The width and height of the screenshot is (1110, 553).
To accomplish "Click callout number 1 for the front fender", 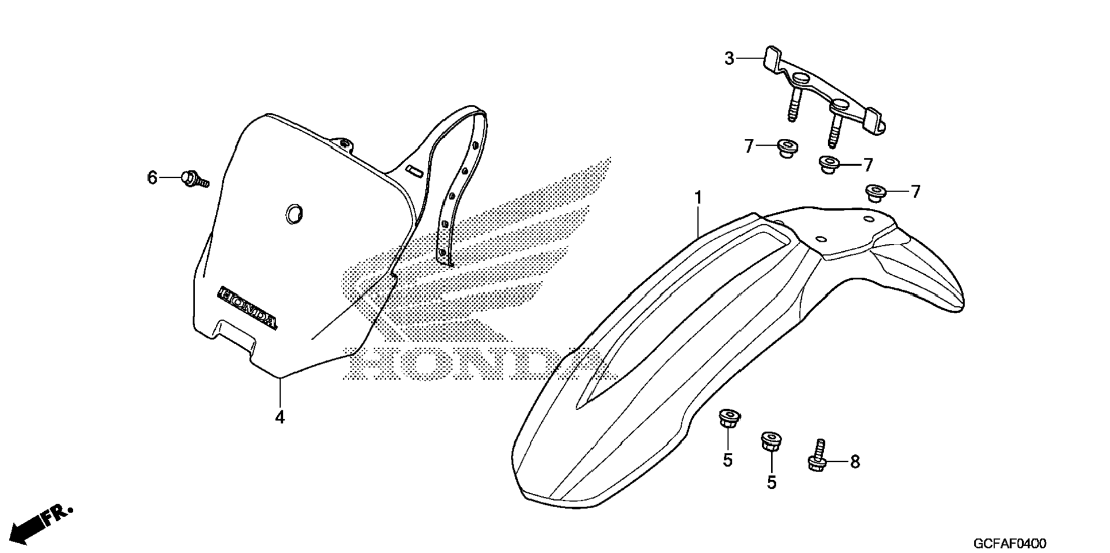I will (698, 198).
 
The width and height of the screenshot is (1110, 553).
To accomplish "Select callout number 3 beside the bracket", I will (729, 59).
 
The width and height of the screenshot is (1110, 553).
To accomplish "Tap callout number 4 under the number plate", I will (280, 418).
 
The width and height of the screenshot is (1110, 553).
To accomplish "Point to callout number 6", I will (152, 178).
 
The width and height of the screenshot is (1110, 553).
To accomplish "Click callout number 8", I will (855, 462).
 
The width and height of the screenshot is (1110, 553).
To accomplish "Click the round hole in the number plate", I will (294, 213).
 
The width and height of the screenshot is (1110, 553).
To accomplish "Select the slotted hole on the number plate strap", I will (414, 170).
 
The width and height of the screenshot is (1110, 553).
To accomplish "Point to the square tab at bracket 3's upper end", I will (771, 57).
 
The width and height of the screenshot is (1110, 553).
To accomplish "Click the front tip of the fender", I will (551, 493).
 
